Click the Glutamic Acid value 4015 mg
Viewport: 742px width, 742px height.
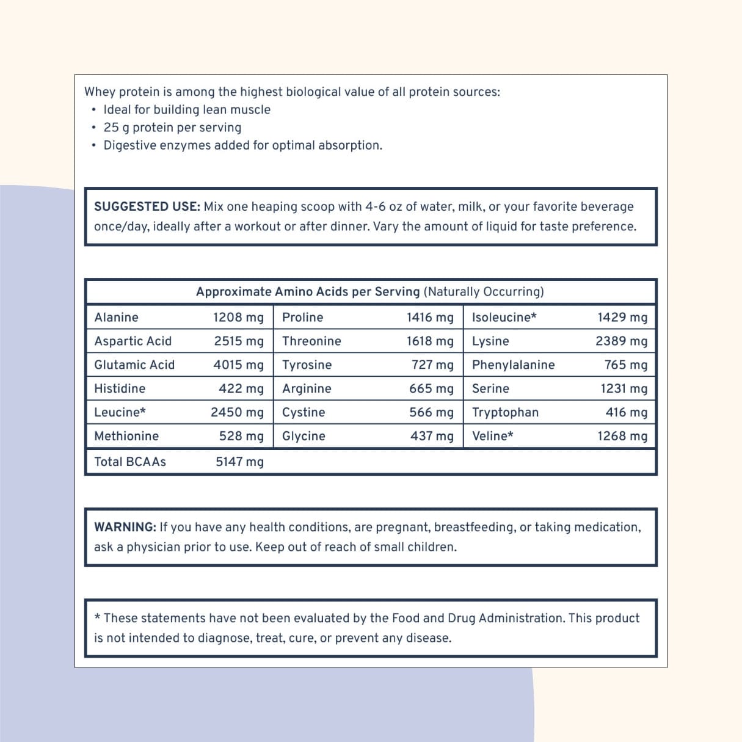(238, 365)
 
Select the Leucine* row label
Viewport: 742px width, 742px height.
(120, 412)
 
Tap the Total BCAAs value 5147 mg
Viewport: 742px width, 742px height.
(239, 462)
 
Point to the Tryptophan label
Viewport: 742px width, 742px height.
(505, 412)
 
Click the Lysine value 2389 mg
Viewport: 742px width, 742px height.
(621, 341)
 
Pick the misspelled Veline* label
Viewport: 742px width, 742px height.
(492, 436)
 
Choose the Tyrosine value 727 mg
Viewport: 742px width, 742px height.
(432, 365)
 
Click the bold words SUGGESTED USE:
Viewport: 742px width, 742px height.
(147, 206)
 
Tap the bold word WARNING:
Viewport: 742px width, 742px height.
(125, 527)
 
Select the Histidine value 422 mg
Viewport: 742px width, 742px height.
(241, 389)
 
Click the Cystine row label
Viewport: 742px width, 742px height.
(304, 412)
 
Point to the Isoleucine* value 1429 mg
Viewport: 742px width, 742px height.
(622, 318)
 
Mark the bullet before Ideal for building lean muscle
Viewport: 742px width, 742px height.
(93, 110)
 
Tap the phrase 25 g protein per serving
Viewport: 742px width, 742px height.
(172, 128)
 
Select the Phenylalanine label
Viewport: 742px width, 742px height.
(513, 365)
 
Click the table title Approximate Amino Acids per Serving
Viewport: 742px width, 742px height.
(308, 292)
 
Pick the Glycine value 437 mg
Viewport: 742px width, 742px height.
(432, 436)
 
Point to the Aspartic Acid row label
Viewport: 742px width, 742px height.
(133, 341)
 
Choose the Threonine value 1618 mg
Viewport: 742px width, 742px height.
(430, 341)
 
